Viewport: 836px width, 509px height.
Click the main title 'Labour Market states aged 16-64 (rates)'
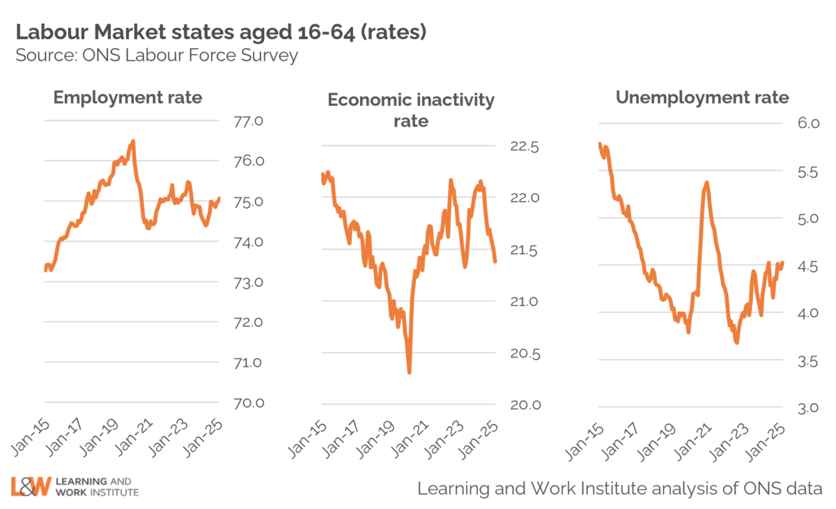click(x=220, y=32)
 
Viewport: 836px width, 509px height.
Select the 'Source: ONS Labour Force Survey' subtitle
click(x=157, y=55)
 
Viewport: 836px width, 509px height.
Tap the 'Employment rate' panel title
click(x=127, y=97)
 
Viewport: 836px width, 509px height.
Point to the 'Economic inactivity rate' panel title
click(x=411, y=110)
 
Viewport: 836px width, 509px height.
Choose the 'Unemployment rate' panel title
click(x=702, y=97)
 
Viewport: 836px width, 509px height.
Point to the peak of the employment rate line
click(x=132, y=142)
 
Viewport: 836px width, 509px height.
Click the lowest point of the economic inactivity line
click(x=409, y=372)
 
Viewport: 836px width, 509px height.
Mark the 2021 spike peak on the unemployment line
click(x=707, y=183)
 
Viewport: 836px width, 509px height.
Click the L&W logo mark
click(x=31, y=486)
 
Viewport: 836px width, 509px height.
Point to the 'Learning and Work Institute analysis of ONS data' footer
click(x=619, y=488)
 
